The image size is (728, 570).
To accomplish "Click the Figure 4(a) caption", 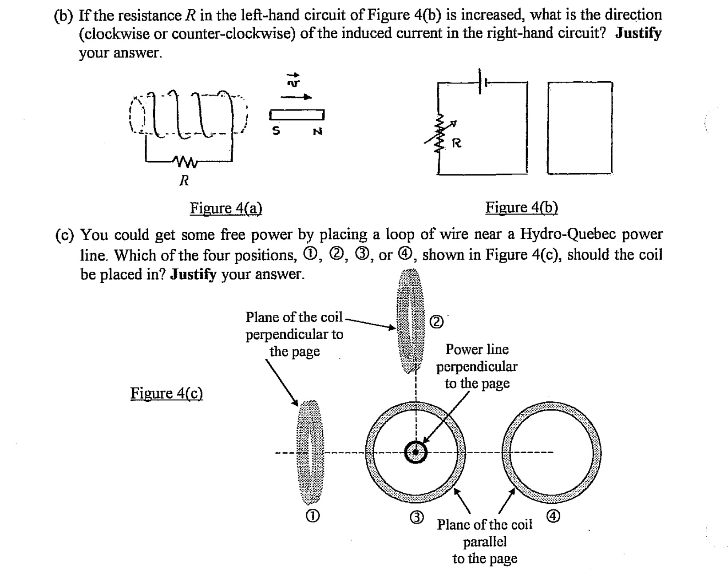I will [x=226, y=208].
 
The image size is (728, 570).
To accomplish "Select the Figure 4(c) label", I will [x=166, y=393].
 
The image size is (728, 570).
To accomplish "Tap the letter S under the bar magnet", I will [x=276, y=131].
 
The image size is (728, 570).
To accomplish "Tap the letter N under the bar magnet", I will [x=317, y=131].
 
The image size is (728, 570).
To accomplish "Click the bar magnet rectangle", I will [x=297, y=115].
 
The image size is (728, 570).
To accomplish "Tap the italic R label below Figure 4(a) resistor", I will [x=184, y=180].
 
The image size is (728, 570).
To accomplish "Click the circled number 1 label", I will [x=313, y=515].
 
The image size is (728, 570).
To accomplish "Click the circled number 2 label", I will [x=437, y=321].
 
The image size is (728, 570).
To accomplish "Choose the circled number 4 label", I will [x=554, y=516].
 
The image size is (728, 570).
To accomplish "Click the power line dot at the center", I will [x=415, y=453].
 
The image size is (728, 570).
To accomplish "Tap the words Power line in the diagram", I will [x=477, y=349].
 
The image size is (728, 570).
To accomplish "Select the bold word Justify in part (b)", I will [x=638, y=33].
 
